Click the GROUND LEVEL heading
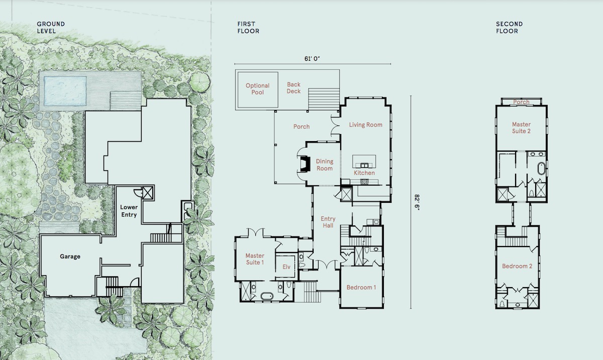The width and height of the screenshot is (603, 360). tap(51, 28)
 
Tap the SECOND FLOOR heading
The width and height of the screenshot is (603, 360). tap(510, 28)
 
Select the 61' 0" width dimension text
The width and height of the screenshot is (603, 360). tap(312, 59)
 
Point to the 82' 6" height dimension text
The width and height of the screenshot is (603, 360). tap(417, 202)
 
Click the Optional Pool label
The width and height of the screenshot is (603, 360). tap(257, 89)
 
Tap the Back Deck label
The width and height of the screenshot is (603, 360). tap(293, 88)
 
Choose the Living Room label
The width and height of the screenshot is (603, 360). tap(366, 125)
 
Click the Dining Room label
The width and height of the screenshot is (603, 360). tap(325, 165)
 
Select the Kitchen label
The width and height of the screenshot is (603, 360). tap(364, 173)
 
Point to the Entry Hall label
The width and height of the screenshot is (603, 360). tap(328, 222)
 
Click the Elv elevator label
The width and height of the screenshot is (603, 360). tap(286, 267)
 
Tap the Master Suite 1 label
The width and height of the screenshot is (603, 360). tap(255, 259)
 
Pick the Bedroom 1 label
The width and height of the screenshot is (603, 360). tap(361, 287)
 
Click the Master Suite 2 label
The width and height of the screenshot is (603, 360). tap(521, 128)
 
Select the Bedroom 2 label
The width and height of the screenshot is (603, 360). tap(517, 266)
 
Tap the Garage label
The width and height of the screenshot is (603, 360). tap(70, 257)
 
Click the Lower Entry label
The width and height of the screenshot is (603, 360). tap(129, 211)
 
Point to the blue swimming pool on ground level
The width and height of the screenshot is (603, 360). tap(65, 91)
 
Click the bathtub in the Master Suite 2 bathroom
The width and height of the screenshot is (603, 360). tap(541, 168)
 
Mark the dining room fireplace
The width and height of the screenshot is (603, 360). tap(304, 163)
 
